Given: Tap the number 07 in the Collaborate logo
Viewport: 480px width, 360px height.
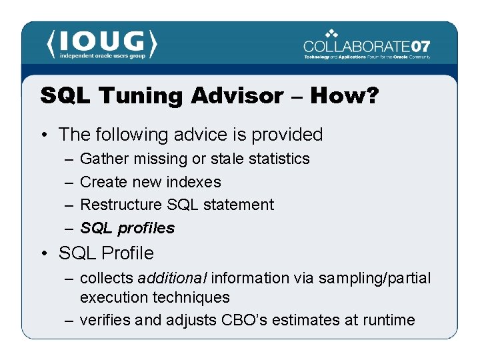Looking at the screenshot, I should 420,47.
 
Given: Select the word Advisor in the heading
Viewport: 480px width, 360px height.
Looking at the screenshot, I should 237,96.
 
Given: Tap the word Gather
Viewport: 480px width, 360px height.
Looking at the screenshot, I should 104,159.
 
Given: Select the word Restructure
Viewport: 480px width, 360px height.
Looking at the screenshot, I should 121,205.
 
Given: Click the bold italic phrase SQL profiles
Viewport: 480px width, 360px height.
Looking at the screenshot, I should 127,228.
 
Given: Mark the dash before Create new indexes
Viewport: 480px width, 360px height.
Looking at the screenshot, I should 69,182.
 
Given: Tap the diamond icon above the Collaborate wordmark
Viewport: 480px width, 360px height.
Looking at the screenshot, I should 331,33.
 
